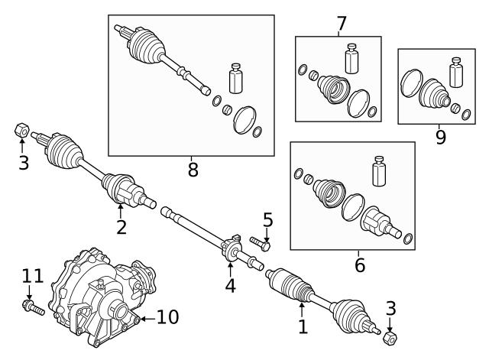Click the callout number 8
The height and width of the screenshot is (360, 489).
pos(193,169)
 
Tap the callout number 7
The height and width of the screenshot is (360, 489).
pos(342,24)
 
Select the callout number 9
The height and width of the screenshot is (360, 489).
pos(440,137)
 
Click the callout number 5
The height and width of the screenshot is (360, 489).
pos(267,220)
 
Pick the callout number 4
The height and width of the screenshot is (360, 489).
pos(230,285)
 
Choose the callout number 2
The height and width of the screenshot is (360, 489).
pos(121,226)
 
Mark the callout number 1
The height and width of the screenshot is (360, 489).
pos(303,326)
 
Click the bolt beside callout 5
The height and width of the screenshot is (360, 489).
pos(260,245)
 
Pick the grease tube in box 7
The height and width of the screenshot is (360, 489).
pos(351,59)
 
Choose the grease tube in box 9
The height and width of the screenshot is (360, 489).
pos(457,73)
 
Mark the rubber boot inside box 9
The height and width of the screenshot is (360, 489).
pos(436,96)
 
